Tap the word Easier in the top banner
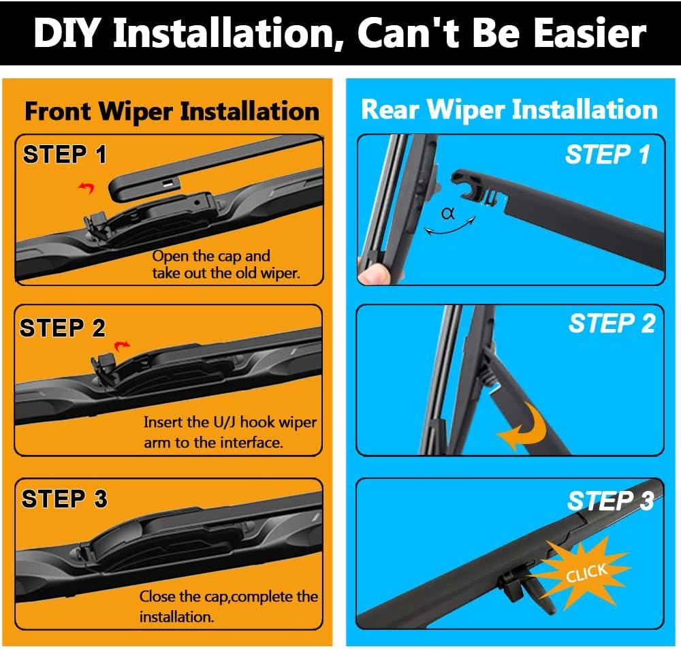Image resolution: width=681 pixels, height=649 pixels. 590,33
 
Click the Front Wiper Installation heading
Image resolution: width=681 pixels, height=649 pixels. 172,112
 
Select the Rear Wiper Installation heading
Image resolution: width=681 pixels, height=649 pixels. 509,110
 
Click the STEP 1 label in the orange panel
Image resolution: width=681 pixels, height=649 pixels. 65,155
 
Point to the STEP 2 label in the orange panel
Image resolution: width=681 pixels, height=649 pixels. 63,328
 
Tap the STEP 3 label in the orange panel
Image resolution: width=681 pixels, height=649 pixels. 64,498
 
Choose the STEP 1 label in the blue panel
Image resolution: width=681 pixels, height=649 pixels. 607,154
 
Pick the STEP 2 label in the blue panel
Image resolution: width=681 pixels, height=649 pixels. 612,323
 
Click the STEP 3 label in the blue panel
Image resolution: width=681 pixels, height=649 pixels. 611,501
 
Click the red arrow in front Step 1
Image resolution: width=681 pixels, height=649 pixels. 86,188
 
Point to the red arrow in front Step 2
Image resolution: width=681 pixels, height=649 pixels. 122,346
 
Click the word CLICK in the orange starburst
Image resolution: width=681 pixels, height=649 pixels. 586,573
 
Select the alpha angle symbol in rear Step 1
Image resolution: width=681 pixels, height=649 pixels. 448,213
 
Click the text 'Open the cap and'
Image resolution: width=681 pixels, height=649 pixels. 211,256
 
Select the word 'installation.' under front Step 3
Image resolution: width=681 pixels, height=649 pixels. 177,617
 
